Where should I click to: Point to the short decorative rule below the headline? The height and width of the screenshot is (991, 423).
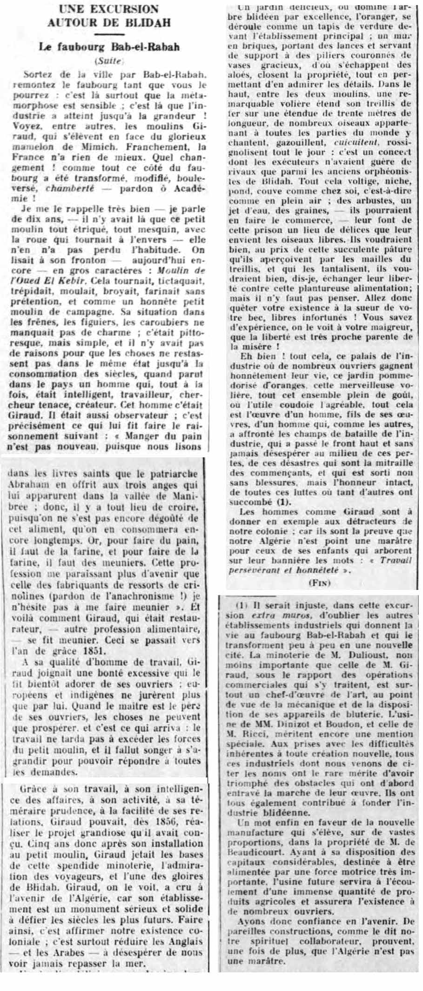pos(109,34)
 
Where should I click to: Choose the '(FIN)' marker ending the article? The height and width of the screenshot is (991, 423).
pos(319,583)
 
